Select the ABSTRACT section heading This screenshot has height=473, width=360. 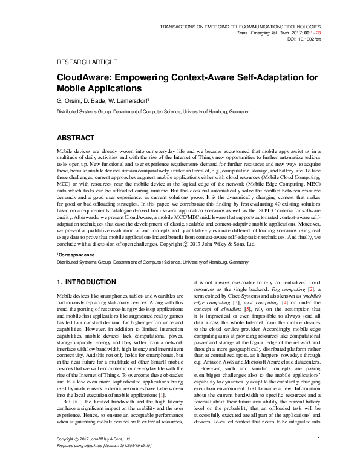tap(75, 138)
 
